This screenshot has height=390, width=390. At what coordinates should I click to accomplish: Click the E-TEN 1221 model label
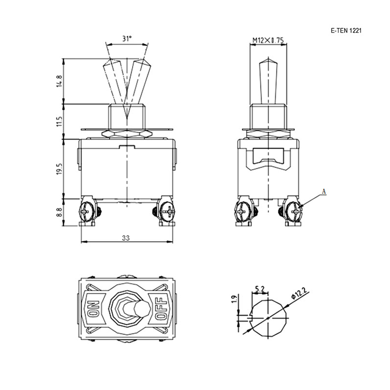pyautogui.click(x=346, y=31)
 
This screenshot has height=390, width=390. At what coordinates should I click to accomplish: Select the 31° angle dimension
pyautogui.click(x=127, y=39)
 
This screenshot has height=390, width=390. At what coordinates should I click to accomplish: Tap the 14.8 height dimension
pyautogui.click(x=59, y=81)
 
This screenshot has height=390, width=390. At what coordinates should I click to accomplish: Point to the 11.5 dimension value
pyautogui.click(x=59, y=121)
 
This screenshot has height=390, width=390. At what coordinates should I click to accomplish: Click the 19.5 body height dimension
pyautogui.click(x=59, y=169)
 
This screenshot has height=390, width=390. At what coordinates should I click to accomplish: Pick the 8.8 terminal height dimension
pyautogui.click(x=59, y=212)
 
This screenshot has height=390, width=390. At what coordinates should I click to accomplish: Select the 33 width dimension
pyautogui.click(x=126, y=238)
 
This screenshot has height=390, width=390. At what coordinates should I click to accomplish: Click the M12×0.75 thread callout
pyautogui.click(x=268, y=40)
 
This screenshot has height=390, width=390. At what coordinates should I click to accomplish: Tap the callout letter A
pyautogui.click(x=324, y=192)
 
